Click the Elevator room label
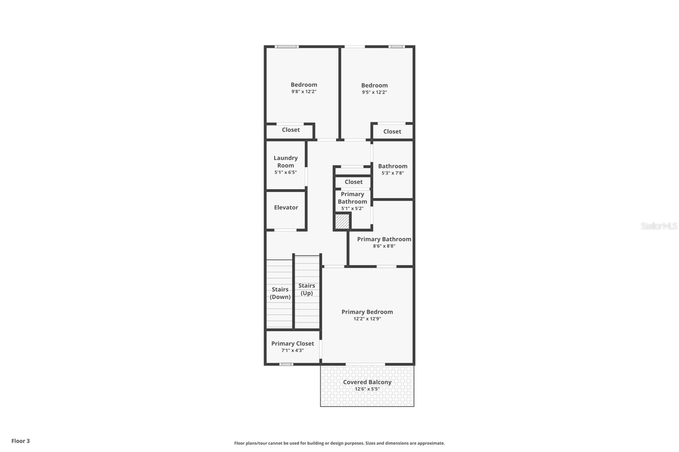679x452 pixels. pos(286,207)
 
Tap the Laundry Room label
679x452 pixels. pos(286,162)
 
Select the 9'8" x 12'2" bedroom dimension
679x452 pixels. pos(304,92)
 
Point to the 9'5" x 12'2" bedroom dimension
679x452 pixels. pos(374,92)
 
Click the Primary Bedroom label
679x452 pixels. pos(367,312)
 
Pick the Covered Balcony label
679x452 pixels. pos(367,382)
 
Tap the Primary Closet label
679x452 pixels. pos(292,343)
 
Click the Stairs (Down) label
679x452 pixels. pos(280,293)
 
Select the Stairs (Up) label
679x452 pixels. pos(306,289)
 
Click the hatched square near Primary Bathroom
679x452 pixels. pos(342,222)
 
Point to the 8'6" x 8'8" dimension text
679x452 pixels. pos(384,246)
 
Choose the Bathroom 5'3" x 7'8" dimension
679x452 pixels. pos(393,173)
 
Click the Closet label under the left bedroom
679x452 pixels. pos(291,130)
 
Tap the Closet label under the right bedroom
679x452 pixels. pos(392,131)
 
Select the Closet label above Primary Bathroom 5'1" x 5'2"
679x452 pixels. pos(354,182)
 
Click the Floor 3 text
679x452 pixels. pos(20,441)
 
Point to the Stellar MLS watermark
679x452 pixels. pos(659,226)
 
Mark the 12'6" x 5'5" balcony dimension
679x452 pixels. pos(367,389)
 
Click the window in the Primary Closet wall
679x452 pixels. pos(286,364)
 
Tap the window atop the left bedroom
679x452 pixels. pos(287,47)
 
